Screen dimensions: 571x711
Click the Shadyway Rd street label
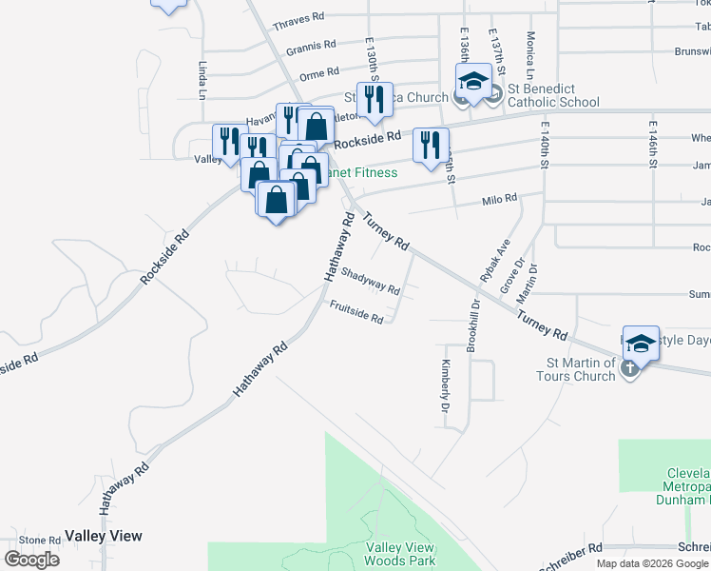[371, 283]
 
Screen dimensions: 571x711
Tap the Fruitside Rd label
[356, 312]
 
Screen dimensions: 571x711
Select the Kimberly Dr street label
[444, 386]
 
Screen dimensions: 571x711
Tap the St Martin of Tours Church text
[581, 369]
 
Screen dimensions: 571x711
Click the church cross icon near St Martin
[628, 369]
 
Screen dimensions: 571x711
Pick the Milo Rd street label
[498, 199]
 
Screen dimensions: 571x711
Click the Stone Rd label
[40, 541]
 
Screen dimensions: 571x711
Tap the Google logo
[31, 560]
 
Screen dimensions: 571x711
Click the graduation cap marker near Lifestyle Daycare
[642, 344]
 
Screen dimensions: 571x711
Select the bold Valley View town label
[104, 536]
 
